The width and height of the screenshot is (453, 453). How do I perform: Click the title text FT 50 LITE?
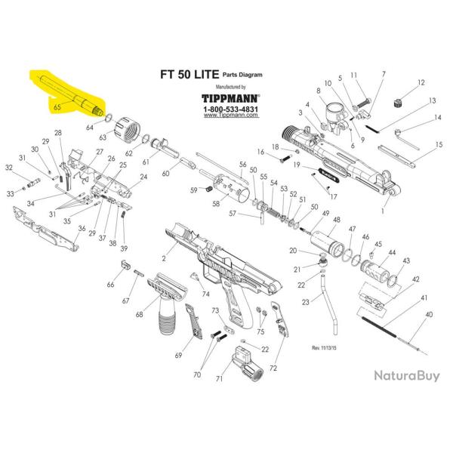pyautogui.click(x=189, y=75)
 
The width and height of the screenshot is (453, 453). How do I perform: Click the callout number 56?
pyautogui.click(x=243, y=164)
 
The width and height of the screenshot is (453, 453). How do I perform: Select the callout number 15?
pyautogui.click(x=439, y=144)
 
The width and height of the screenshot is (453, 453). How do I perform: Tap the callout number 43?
pyautogui.click(x=406, y=260)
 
